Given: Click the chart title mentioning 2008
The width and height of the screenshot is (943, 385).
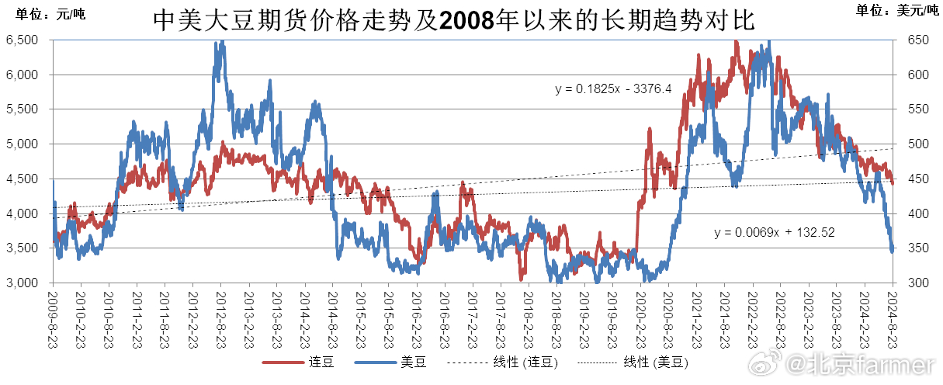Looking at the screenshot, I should pos(454,19).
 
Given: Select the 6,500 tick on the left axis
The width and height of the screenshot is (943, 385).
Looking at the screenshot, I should pos(23,40).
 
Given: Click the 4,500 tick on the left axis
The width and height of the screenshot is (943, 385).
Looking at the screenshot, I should pos(23,179).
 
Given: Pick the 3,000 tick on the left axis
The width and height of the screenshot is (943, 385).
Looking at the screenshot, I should pos(23,283).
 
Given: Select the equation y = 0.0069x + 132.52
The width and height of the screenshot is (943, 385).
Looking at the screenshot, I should pos(774,232).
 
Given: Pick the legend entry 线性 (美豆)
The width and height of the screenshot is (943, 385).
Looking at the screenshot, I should pos(655,362).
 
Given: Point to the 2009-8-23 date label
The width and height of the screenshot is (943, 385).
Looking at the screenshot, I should pos(54,318).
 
